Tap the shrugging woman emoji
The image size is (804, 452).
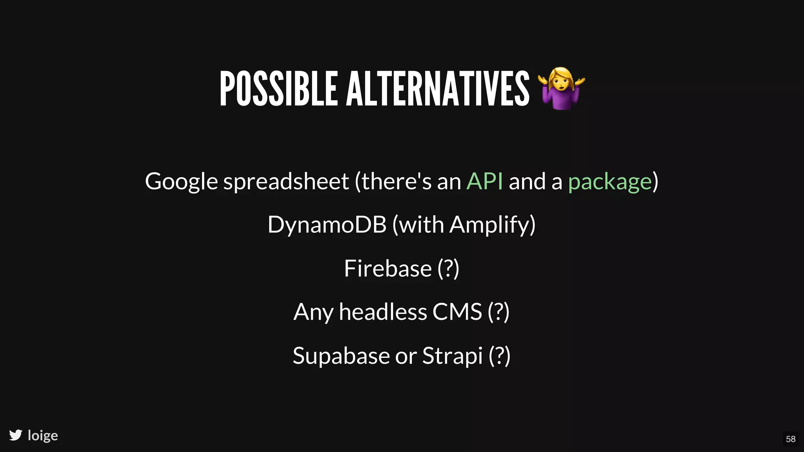point(562,88)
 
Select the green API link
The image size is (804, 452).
point(484,181)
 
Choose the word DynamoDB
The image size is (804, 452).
point(327,225)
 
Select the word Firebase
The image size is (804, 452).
point(387,268)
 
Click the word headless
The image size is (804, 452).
point(383,312)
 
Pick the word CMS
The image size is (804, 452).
point(457,312)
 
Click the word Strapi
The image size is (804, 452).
point(452,356)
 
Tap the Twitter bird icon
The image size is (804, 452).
point(16,435)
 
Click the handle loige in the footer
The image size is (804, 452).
point(43,436)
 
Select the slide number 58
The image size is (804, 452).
point(791,439)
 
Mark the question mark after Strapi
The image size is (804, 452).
point(499,356)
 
